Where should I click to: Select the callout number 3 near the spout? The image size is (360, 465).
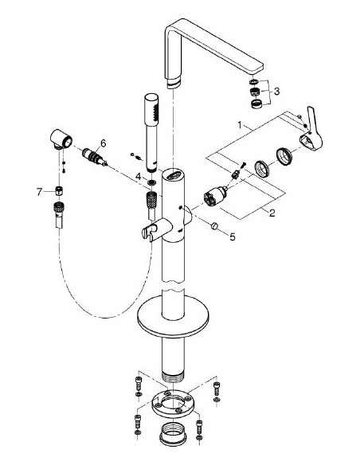276,92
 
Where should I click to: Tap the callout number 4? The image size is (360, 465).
138,175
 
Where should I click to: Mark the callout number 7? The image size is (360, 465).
39,192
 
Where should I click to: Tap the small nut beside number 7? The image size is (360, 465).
58,192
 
